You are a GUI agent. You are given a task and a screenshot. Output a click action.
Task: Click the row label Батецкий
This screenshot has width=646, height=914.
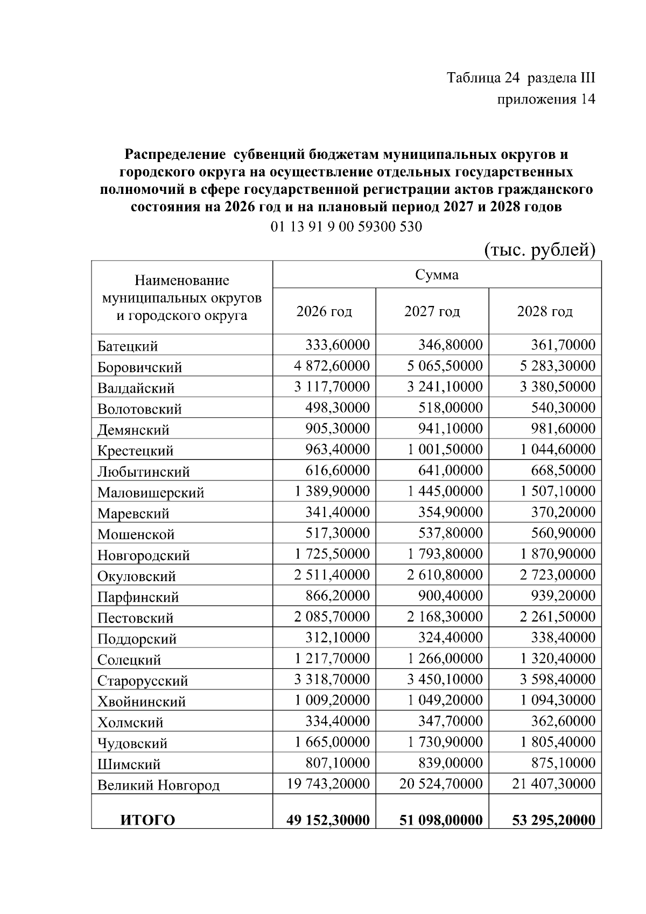click(x=128, y=346)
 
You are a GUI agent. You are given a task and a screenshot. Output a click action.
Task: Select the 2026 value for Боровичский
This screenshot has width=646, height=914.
click(x=332, y=366)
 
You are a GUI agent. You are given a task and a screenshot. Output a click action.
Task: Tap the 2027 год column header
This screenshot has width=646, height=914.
click(x=432, y=311)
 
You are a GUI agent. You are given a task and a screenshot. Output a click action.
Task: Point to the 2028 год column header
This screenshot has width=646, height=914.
click(x=545, y=311)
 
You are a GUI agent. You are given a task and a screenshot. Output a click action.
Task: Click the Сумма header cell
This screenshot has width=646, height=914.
click(x=437, y=275)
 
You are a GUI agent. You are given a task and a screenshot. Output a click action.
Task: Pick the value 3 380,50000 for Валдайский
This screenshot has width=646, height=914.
click(x=557, y=387)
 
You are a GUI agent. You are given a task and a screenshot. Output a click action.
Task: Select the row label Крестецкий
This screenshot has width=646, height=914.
click(x=135, y=450)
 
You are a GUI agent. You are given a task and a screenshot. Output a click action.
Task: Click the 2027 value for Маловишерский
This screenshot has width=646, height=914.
click(x=445, y=491)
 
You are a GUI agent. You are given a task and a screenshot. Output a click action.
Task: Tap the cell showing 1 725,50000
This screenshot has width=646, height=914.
click(x=332, y=554)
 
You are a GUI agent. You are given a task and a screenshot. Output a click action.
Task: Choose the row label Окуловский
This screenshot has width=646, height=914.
click(x=137, y=576)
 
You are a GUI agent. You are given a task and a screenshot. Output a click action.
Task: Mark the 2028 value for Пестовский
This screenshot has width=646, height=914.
click(x=557, y=617)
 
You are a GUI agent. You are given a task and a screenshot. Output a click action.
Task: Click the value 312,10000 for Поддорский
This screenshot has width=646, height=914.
click(x=338, y=638)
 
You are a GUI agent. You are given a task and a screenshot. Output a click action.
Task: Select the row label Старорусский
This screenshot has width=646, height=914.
click(x=143, y=681)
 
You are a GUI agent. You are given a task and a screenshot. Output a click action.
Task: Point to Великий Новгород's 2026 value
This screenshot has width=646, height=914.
click(x=328, y=784)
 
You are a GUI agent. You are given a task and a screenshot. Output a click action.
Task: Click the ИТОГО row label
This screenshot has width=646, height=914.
click(x=147, y=820)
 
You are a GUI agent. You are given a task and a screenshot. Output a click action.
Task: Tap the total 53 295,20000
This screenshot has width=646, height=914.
click(x=554, y=820)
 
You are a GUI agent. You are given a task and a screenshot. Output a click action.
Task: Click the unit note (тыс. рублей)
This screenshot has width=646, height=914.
click(x=539, y=250)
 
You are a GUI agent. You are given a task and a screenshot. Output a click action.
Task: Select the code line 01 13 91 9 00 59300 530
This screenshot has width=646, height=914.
click(x=346, y=227)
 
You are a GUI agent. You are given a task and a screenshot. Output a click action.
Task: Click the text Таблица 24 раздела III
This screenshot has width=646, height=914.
click(x=521, y=78)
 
